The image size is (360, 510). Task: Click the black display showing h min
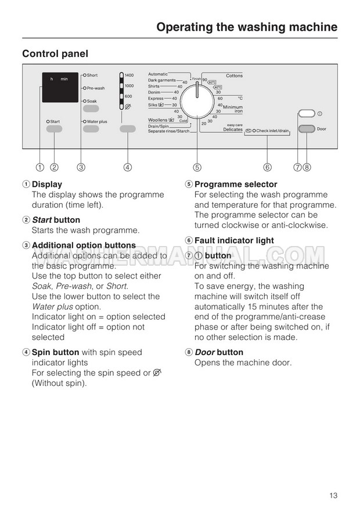60,88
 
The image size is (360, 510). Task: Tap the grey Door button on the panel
307,129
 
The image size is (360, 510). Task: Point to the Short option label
92,75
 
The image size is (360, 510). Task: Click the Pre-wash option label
96,88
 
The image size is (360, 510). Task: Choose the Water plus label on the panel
97,121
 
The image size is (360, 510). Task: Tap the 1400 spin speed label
129,75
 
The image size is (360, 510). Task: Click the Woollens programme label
158,120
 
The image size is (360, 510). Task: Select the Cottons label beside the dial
234,76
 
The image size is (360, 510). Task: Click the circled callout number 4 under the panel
127,168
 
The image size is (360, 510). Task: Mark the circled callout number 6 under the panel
267,168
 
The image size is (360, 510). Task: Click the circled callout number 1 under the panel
39,168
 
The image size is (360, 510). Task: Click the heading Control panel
55,53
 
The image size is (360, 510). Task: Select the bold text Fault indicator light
234,240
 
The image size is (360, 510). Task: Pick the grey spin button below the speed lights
127,129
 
